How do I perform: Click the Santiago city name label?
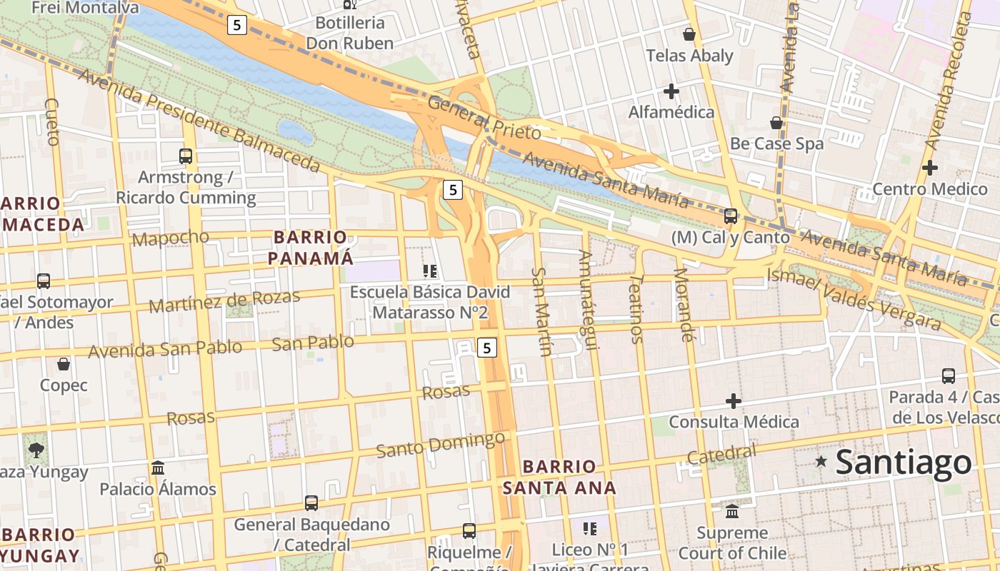(903, 463)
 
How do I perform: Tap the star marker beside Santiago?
(821, 462)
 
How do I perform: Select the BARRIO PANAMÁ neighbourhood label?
(311, 247)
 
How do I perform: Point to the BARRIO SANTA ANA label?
(559, 477)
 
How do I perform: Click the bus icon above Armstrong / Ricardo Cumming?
(186, 156)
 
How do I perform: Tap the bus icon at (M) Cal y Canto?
(730, 216)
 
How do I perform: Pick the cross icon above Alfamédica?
(671, 91)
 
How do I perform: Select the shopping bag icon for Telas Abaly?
(689, 34)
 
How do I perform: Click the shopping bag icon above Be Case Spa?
(776, 123)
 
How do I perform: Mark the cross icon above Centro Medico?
(929, 168)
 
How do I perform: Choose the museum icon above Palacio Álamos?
(158, 468)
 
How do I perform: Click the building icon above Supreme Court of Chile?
(732, 512)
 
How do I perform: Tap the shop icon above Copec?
(64, 364)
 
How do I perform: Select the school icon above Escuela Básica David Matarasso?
(429, 271)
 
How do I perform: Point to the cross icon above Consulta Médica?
(733, 401)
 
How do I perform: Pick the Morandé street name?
(684, 305)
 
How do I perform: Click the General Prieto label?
(484, 118)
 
